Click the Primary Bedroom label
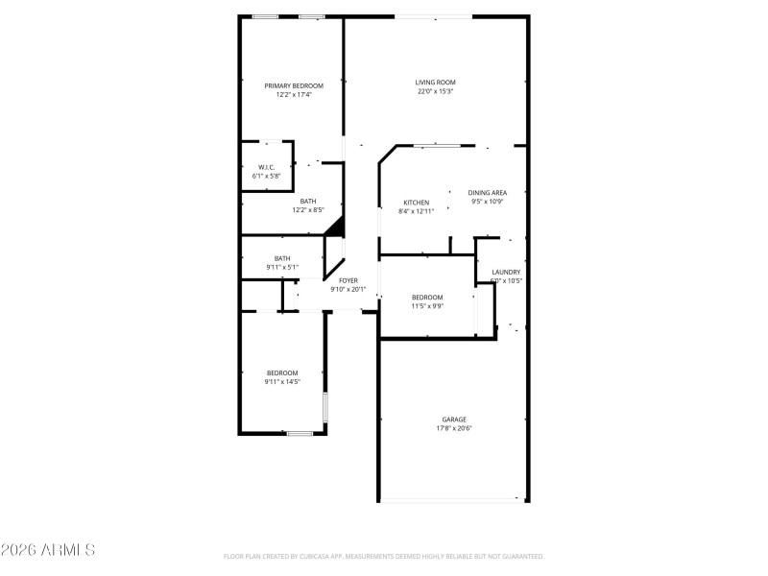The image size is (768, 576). (294, 85)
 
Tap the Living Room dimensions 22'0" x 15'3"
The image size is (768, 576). (435, 92)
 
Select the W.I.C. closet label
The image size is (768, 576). (266, 168)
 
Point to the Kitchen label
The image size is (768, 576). (416, 203)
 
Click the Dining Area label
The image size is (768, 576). (488, 193)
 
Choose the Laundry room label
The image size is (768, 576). (506, 273)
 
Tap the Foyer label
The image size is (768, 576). (348, 280)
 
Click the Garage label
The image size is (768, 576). (454, 420)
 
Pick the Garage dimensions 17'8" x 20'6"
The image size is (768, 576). (454, 428)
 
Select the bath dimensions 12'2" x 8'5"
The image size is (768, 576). (308, 210)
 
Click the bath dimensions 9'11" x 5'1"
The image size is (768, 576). (282, 267)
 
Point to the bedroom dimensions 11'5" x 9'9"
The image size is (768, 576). (427, 306)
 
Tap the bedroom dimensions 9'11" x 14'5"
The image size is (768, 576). (282, 382)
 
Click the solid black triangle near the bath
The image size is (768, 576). (335, 227)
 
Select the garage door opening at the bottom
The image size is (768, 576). (452, 499)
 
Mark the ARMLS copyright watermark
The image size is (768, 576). (48, 551)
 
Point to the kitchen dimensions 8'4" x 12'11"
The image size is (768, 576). (416, 211)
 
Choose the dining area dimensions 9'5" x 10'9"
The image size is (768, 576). (488, 202)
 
